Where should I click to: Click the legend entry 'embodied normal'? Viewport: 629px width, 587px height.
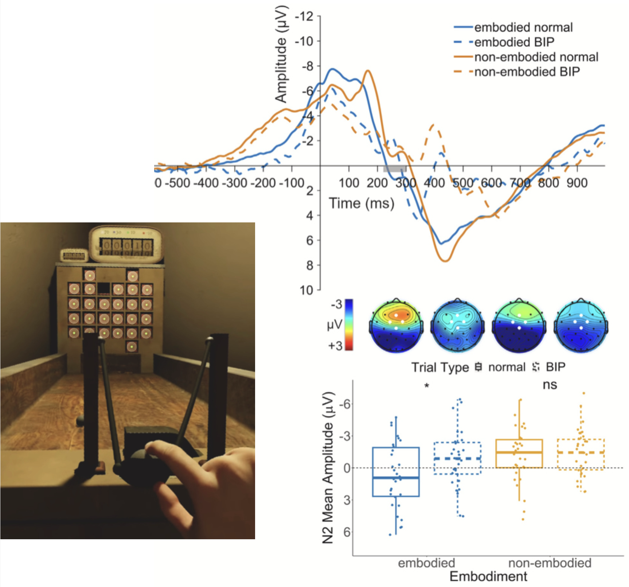523,27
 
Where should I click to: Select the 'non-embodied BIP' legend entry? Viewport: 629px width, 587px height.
527,72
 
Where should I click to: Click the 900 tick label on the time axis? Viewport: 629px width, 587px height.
577,183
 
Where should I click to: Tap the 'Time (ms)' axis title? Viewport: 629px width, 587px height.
362,203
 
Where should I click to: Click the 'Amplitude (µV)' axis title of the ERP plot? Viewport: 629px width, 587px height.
281,55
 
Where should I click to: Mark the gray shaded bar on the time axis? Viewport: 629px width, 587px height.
395,169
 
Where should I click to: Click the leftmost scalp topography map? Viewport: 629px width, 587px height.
396,326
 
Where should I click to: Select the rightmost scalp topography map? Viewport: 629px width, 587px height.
581,326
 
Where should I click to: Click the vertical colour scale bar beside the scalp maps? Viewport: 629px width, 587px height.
349,324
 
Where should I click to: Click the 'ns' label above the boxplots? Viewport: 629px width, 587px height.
550,385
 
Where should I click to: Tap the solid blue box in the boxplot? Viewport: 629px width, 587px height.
396,471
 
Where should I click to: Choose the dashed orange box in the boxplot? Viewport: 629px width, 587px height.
581,454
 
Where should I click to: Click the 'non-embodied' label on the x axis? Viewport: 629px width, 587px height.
550,563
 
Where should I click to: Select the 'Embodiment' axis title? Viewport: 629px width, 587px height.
488,576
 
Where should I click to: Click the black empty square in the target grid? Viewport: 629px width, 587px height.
103,288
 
